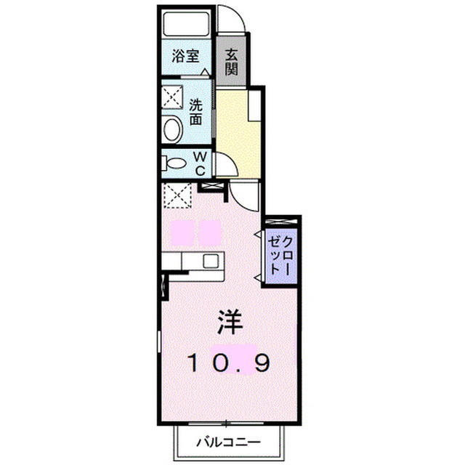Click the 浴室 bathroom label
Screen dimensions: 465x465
[186, 55]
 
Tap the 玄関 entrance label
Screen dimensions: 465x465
[231, 61]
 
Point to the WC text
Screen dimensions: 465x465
[202, 163]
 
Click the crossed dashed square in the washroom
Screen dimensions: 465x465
[174, 97]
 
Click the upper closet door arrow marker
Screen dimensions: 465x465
[257, 234]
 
